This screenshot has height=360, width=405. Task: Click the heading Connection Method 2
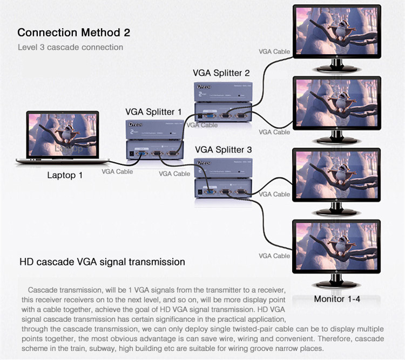(x=73, y=32)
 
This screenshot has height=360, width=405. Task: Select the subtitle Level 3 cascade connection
(x=70, y=47)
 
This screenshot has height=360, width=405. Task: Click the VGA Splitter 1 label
(x=154, y=112)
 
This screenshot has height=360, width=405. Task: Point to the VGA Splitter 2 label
(x=221, y=73)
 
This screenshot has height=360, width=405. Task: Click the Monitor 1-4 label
(x=337, y=299)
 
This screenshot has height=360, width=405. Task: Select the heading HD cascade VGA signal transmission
(x=102, y=262)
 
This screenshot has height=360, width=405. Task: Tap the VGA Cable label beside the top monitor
(x=274, y=52)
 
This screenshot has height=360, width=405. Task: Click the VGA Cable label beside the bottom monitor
(x=274, y=256)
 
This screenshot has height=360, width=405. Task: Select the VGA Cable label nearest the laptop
(x=117, y=171)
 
